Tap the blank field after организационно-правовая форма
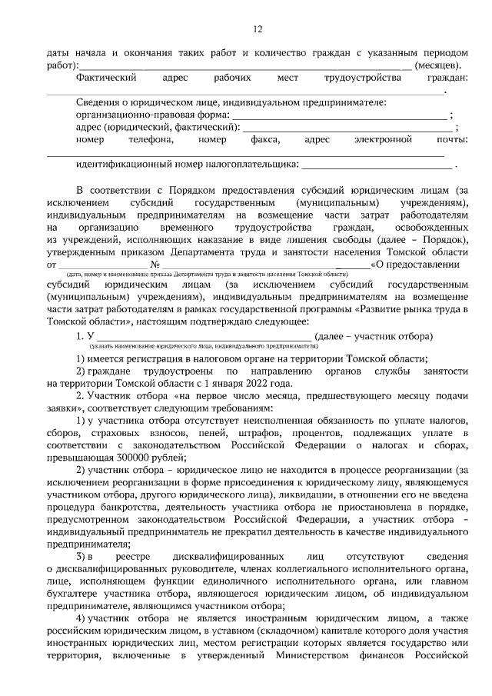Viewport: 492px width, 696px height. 339,115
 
